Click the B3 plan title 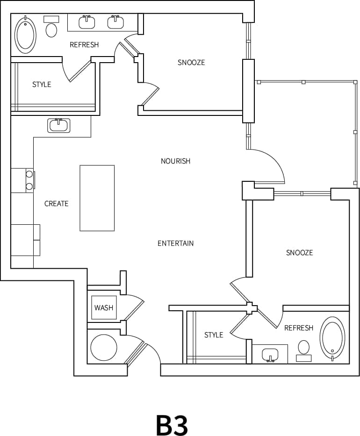pyautogui.click(x=172, y=424)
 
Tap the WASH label pyautogui.click(x=104, y=307)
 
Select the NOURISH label pyautogui.click(x=175, y=161)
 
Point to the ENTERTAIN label pyautogui.click(x=175, y=243)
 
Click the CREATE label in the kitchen pyautogui.click(x=56, y=204)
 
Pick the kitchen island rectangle pyautogui.click(x=97, y=198)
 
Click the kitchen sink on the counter pyautogui.click(x=58, y=125)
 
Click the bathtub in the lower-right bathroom pyautogui.click(x=332, y=337)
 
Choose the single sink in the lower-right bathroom pyautogui.click(x=270, y=355)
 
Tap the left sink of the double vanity pyautogui.click(x=87, y=22)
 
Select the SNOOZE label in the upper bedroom pyautogui.click(x=191, y=63)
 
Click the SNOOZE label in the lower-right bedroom pyautogui.click(x=299, y=253)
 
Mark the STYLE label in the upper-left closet pyautogui.click(x=42, y=85)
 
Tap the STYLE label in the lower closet pyautogui.click(x=214, y=335)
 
